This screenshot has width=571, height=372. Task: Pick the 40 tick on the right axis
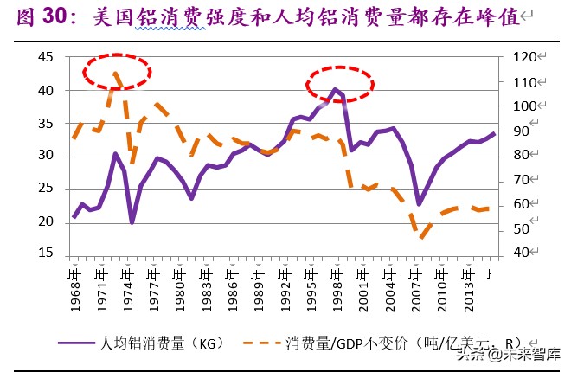[521, 253]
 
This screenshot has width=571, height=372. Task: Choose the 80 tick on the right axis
[521, 156]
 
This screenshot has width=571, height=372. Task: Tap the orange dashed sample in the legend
[257, 343]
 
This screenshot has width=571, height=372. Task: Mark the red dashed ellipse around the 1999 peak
[340, 83]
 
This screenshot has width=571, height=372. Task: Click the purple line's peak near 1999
[335, 89]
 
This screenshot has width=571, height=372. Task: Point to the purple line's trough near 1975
[132, 222]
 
